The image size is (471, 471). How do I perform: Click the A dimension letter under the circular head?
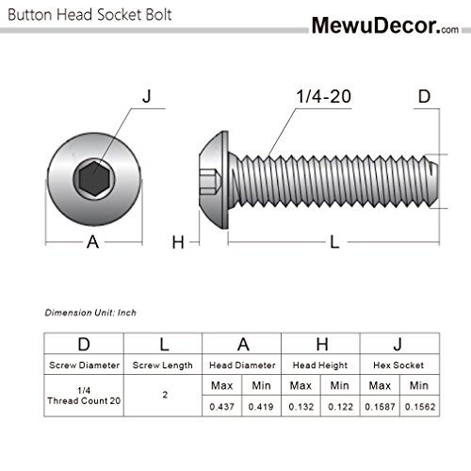tap(92, 242)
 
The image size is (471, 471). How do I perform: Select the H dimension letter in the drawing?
tap(176, 242)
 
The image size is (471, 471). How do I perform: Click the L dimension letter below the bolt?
tap(333, 242)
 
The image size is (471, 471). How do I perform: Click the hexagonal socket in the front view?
tap(92, 176)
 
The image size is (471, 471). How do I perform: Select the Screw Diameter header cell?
tap(85, 365)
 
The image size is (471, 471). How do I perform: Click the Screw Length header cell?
tap(166, 365)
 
